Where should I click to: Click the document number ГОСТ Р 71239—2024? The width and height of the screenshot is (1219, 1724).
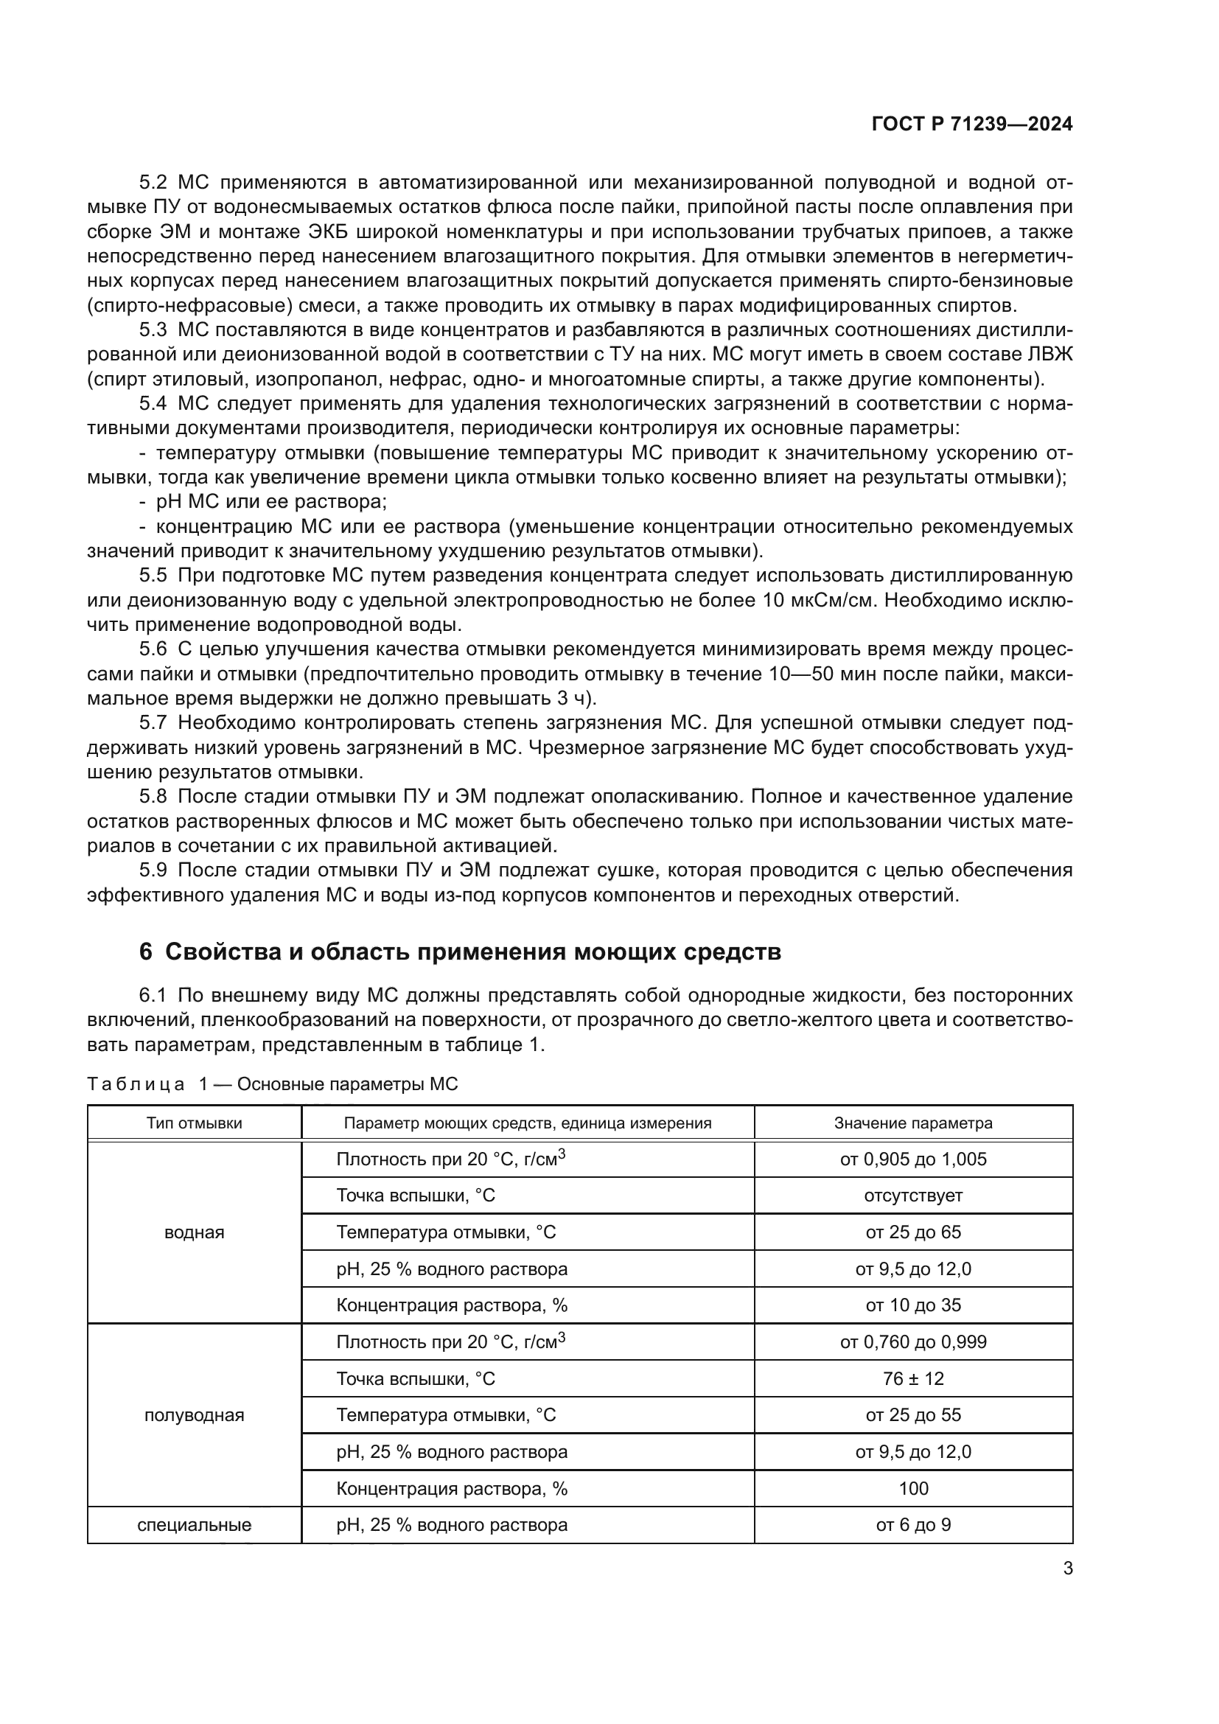972,125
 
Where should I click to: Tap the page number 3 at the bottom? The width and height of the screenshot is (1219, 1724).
1067,1568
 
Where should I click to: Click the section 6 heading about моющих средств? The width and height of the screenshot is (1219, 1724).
459,952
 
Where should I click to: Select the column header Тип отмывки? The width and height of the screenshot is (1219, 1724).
194,1123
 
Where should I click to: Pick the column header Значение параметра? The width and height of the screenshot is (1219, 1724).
912,1123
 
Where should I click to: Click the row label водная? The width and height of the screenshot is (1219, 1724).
194,1232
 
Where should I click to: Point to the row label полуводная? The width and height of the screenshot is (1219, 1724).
194,1415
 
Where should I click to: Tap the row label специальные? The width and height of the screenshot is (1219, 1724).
194,1525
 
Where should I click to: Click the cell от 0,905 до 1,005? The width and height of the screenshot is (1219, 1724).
912,1159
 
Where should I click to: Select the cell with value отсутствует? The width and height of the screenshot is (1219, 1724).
912,1196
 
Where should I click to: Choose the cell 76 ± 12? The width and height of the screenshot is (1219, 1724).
912,1378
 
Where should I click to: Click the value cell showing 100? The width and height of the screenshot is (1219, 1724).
912,1488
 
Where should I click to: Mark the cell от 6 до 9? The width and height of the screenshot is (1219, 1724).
912,1525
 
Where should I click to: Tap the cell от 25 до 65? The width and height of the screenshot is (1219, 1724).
912,1232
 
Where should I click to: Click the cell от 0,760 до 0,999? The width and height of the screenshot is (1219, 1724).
912,1341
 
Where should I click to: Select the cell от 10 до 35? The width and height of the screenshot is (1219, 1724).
912,1305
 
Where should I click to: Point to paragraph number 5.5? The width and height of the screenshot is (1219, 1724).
153,576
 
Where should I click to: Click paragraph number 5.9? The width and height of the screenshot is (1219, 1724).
153,870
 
